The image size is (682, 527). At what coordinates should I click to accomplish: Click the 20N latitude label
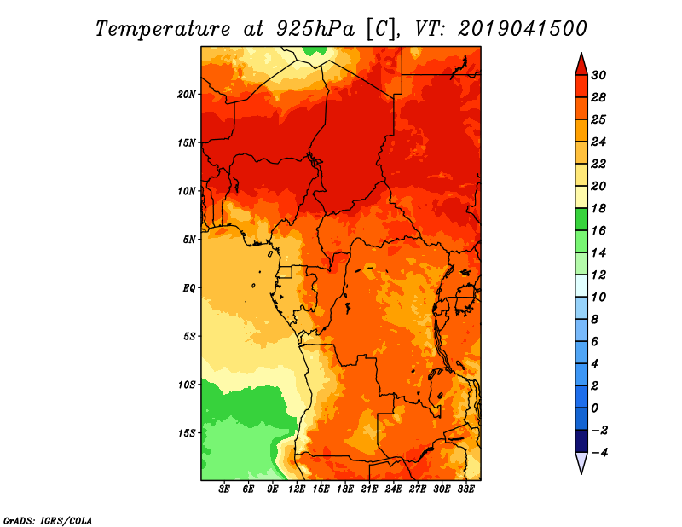tap(186, 95)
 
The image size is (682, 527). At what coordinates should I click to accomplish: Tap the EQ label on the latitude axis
tap(188, 288)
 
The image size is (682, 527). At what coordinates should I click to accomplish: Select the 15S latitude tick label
tap(186, 433)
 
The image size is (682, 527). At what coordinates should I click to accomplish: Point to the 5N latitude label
tap(188, 240)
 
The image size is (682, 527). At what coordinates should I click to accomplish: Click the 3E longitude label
tap(224, 489)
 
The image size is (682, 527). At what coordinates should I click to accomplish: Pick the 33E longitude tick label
tap(465, 489)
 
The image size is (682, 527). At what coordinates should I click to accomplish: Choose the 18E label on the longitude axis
tap(345, 489)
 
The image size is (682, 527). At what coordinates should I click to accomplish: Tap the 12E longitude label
tap(297, 489)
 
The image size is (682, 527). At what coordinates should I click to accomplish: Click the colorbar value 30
tap(598, 75)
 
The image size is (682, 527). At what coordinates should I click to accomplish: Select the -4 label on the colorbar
tap(600, 453)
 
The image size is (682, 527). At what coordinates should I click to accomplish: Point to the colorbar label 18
tap(598, 208)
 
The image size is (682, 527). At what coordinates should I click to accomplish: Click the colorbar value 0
tap(594, 408)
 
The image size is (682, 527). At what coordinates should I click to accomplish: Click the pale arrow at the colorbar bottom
tap(581, 461)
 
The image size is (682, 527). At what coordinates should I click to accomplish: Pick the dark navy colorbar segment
tap(581, 441)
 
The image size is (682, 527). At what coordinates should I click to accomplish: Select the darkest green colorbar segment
tap(581, 219)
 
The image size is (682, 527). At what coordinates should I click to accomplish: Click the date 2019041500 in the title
tap(523, 29)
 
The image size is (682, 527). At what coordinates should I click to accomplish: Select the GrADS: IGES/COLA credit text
tap(48, 521)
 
